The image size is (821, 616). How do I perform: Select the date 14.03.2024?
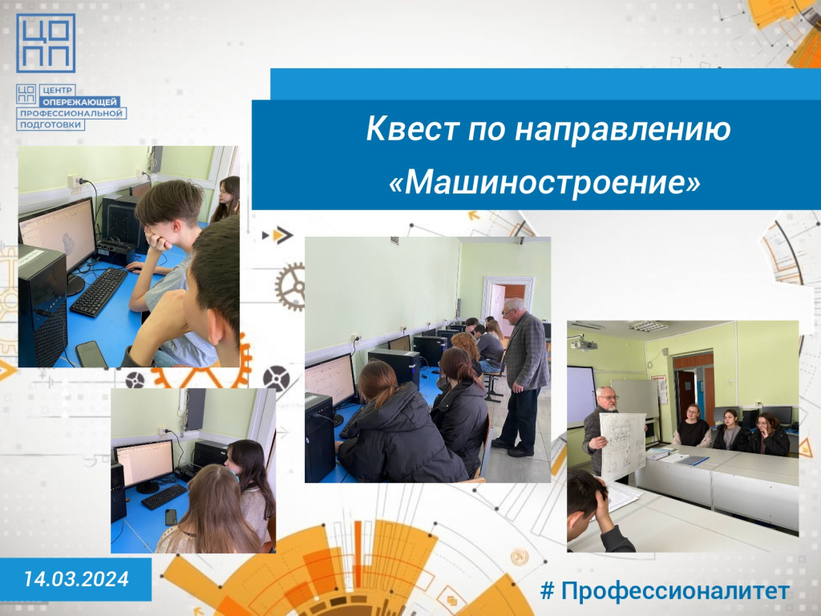[76, 579]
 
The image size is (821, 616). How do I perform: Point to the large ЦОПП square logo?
[46, 43]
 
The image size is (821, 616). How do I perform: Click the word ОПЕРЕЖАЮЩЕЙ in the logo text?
[80, 102]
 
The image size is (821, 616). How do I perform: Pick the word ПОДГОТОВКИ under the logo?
[51, 124]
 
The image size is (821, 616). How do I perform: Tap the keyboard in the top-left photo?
[99, 292]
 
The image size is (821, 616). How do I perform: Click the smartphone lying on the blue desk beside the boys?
[91, 354]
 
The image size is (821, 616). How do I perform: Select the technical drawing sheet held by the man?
[623, 445]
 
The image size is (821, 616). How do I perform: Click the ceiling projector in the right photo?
[584, 343]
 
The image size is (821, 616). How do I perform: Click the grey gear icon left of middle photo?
[289, 286]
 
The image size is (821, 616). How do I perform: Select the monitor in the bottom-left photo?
[144, 465]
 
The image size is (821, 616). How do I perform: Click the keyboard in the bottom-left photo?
[164, 496]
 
